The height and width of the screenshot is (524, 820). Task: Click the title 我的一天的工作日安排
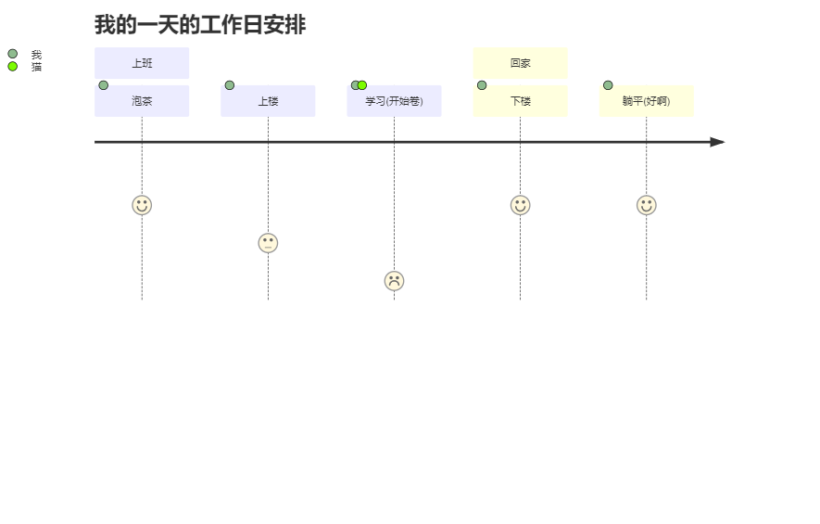200,25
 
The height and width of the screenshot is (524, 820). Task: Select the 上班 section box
142,63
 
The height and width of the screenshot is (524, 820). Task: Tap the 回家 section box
520,63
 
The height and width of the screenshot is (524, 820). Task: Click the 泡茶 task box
142,101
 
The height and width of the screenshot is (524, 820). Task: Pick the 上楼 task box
268,101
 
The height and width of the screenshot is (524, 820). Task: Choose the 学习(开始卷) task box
394,101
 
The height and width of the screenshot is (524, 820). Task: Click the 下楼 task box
520,101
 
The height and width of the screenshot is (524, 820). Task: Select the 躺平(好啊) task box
646,101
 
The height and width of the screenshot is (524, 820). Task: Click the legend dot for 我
13,54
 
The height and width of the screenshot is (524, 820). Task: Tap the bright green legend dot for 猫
13,66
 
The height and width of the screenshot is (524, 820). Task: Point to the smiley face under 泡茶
142,205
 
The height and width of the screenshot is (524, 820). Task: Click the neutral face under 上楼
268,243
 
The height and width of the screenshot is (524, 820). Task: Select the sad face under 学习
394,281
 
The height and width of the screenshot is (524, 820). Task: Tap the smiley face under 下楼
520,205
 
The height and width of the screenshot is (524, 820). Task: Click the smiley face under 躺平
646,205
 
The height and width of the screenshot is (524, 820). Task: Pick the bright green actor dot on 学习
362,85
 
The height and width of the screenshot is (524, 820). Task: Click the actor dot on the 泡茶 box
104,85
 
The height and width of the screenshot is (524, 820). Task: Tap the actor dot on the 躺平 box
608,85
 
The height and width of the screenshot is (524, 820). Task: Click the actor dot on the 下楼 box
482,85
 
